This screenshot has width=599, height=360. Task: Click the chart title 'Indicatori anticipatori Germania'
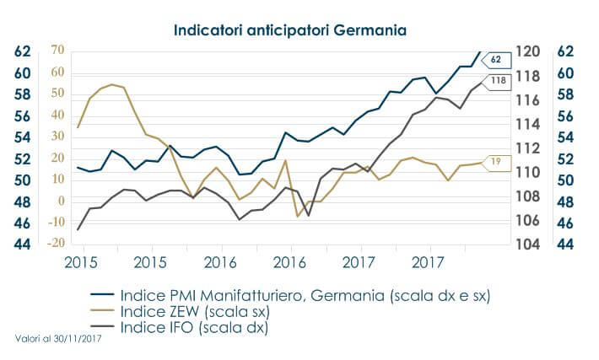[290, 30]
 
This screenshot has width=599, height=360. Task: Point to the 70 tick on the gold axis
[57, 51]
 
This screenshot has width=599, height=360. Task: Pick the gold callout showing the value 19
[497, 160]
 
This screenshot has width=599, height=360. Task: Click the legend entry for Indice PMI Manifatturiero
[305, 297]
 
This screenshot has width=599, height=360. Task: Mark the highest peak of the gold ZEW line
[112, 84]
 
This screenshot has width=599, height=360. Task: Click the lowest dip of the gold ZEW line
[297, 217]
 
